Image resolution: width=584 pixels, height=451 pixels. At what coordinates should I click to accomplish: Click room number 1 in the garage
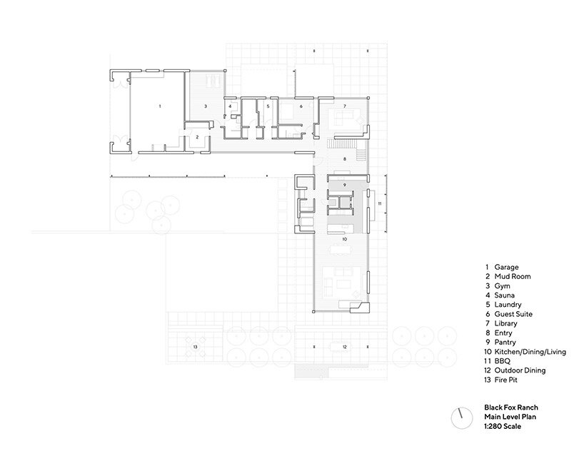pyautogui.click(x=160, y=106)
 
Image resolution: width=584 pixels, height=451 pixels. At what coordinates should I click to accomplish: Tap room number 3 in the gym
pyautogui.click(x=206, y=106)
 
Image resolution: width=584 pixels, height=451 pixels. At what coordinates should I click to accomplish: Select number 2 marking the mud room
pyautogui.click(x=197, y=137)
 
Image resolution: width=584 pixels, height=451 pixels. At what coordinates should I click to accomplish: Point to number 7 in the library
pyautogui.click(x=345, y=106)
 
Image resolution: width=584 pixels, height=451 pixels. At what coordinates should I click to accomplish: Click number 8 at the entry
pyautogui.click(x=345, y=159)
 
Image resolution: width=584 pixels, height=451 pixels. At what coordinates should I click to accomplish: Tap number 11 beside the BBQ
pyautogui.click(x=380, y=203)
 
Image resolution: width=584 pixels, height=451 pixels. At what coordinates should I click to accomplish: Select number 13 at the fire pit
pyautogui.click(x=195, y=347)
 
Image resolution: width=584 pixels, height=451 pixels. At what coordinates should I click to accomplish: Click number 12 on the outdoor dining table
pyautogui.click(x=345, y=347)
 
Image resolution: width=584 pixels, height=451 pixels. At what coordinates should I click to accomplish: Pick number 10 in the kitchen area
pyautogui.click(x=345, y=239)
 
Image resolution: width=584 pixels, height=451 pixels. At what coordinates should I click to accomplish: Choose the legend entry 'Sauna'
pyautogui.click(x=504, y=295)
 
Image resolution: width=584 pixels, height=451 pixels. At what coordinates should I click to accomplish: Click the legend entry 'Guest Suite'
pyautogui.click(x=513, y=314)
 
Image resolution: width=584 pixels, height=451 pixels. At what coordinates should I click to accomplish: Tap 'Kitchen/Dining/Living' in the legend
pyautogui.click(x=530, y=352)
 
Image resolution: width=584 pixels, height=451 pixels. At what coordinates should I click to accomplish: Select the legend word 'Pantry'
pyautogui.click(x=505, y=343)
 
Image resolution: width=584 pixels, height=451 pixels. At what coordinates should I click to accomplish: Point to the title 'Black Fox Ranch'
pyautogui.click(x=511, y=407)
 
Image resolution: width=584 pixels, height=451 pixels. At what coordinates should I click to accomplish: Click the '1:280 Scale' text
pyautogui.click(x=503, y=426)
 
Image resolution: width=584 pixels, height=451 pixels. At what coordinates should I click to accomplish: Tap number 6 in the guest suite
pyautogui.click(x=301, y=106)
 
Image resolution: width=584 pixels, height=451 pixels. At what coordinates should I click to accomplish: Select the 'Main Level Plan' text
pyautogui.click(x=510, y=417)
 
